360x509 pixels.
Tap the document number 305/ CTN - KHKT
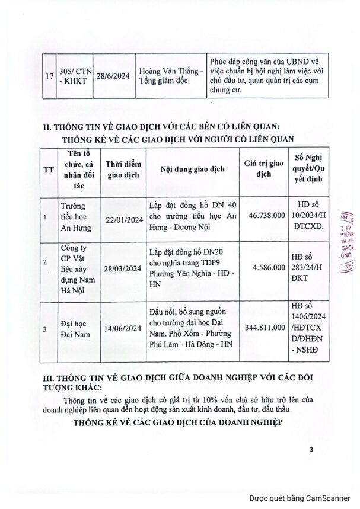click(x=75, y=76)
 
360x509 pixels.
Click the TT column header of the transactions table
click(x=47, y=168)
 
